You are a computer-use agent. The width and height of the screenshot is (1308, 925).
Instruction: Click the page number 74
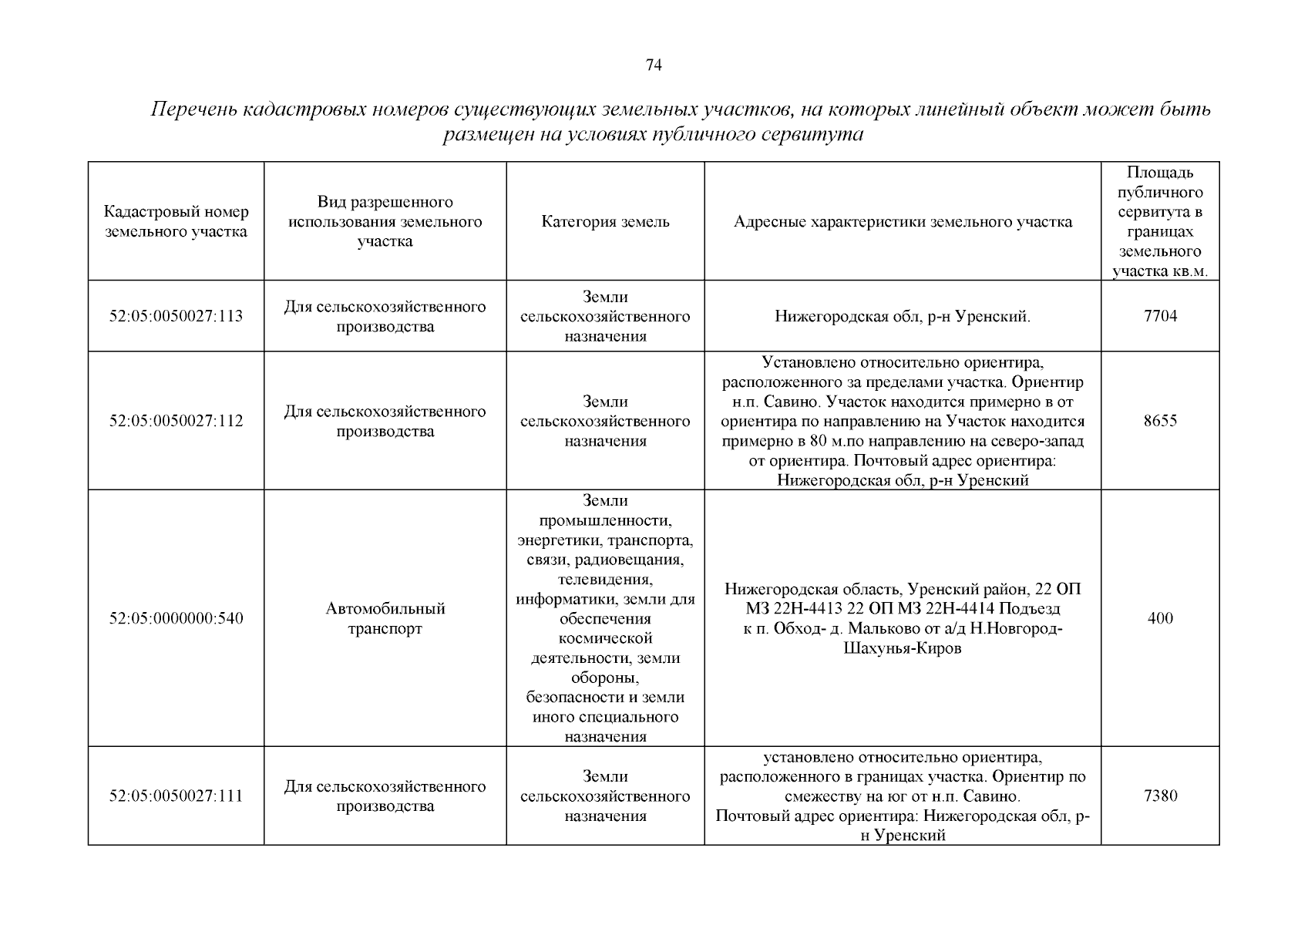coord(653,66)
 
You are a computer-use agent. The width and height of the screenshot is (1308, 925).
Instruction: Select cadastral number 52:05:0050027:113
coord(176,316)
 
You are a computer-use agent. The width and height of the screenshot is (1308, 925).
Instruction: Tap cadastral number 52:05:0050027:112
coord(176,421)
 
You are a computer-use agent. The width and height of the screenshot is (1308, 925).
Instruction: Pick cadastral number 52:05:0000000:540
coord(176,618)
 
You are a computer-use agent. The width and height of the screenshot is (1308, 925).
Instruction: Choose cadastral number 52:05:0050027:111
coord(176,796)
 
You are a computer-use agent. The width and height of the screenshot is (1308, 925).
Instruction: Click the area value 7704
coord(1160,316)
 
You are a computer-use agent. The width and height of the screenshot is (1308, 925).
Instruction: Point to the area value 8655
coord(1160,421)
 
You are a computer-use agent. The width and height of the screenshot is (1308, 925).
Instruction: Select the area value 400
coord(1160,618)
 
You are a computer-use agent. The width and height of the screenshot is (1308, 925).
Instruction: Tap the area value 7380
coord(1160,796)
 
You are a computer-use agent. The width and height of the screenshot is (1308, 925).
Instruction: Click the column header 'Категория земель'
coord(605,222)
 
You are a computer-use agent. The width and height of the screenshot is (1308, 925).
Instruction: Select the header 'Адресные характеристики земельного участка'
coord(903,222)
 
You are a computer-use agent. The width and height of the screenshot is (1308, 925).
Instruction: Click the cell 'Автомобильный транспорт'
coord(385,618)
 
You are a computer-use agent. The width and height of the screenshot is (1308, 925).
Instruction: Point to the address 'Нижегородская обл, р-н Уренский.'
coord(903,316)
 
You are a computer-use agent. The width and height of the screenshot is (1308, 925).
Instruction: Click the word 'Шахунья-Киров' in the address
coord(903,649)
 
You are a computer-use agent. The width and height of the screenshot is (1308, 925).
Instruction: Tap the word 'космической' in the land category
coord(605,638)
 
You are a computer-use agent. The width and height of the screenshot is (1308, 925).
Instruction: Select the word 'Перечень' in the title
coord(193,109)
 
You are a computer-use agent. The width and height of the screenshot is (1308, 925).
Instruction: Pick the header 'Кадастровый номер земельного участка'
coord(176,222)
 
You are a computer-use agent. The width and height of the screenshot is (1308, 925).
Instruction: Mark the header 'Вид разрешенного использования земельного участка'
coord(385,222)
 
